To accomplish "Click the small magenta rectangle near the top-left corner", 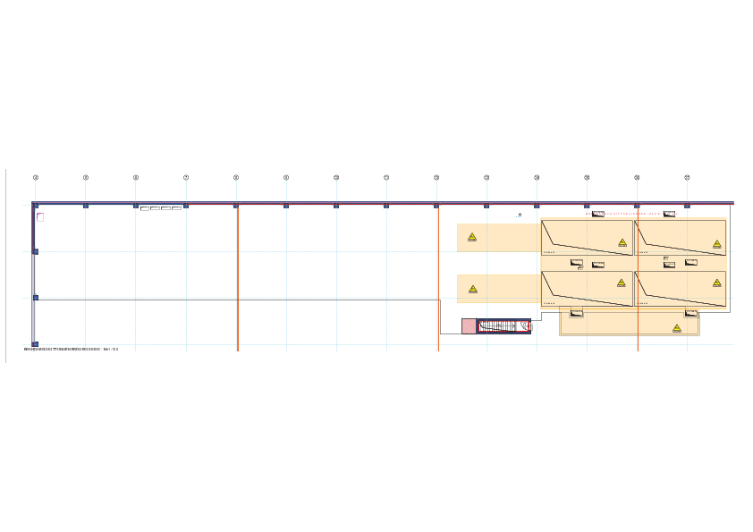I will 40,216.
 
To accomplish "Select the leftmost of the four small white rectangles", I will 145,208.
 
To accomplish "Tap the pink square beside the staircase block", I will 469,326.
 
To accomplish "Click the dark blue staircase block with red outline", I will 503,326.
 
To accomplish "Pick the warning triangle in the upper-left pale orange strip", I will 472,237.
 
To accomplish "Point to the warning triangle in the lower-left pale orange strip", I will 473,289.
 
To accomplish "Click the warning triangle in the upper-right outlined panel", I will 717,243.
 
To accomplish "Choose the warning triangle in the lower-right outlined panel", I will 717,283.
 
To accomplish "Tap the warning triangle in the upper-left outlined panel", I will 622,242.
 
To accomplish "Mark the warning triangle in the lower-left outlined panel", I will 622,283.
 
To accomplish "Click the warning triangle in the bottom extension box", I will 677,328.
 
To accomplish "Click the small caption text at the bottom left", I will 71,349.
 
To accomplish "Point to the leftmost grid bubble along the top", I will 36,177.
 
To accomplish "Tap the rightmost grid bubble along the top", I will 687,177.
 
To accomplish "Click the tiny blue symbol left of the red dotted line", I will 520,215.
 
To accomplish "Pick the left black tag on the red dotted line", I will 597,214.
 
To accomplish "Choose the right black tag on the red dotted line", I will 669,214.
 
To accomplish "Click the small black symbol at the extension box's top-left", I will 577,313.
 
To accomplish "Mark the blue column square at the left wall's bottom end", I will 35,344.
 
